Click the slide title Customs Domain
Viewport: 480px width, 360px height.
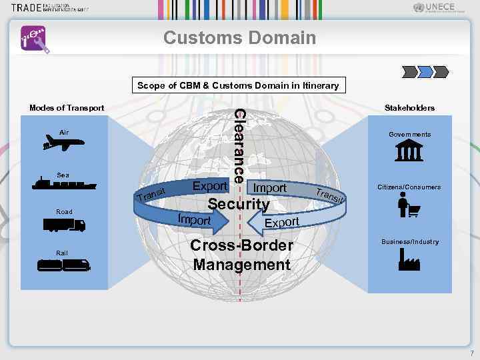click(x=240, y=37)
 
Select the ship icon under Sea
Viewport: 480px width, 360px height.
click(x=63, y=185)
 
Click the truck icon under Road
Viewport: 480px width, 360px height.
click(x=64, y=225)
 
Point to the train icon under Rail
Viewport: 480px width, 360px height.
click(x=63, y=265)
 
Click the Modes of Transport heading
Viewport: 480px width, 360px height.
click(x=67, y=108)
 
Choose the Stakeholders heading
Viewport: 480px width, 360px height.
click(x=409, y=108)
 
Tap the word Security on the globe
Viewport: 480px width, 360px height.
click(x=239, y=205)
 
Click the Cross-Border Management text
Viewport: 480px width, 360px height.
click(x=241, y=255)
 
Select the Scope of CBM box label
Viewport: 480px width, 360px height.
click(x=238, y=85)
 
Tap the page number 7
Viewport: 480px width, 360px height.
click(x=471, y=353)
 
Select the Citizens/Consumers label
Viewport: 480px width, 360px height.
click(x=409, y=187)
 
